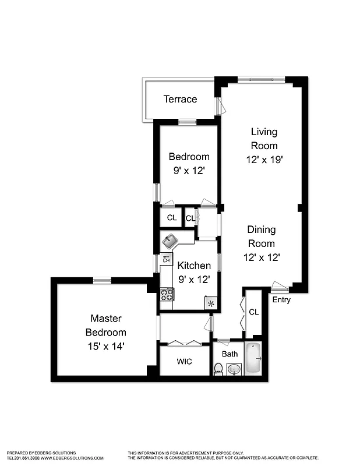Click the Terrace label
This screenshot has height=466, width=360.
[180, 99]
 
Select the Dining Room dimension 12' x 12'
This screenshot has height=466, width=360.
[261, 256]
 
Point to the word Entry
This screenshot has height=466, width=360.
[281, 300]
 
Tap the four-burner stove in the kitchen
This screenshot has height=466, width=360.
[167, 294]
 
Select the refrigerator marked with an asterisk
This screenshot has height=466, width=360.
[210, 303]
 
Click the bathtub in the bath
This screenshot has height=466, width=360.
[253, 358]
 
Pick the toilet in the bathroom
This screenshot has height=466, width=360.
[218, 369]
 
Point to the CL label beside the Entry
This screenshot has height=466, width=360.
[253, 312]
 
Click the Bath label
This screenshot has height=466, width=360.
[230, 354]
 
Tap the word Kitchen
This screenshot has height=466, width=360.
[194, 266]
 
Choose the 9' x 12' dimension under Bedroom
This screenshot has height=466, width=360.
[189, 171]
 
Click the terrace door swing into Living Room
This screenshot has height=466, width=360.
[220, 106]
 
